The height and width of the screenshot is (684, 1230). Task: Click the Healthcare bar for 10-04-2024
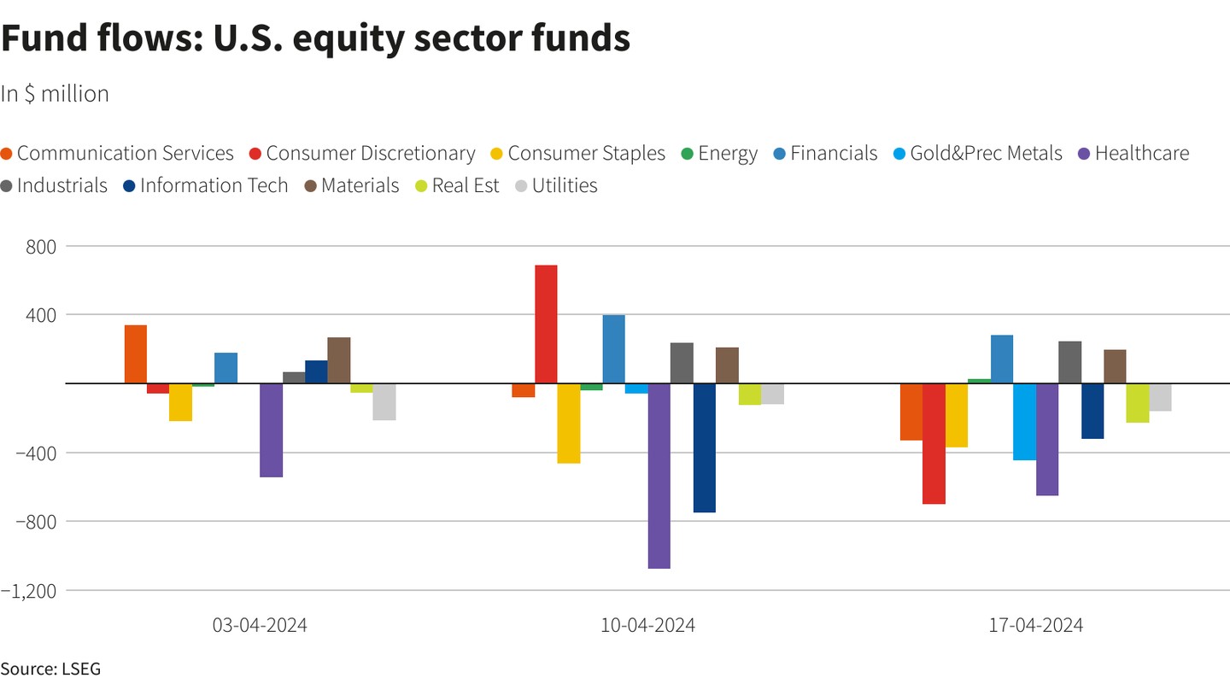click(659, 476)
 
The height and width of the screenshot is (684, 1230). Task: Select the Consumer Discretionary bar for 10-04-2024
click(546, 324)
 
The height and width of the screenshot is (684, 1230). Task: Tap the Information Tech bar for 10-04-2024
click(704, 447)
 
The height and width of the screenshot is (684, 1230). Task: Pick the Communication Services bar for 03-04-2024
click(135, 354)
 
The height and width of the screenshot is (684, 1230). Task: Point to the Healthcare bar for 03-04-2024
click(271, 430)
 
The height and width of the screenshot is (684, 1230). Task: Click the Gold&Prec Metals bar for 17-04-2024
click(1024, 422)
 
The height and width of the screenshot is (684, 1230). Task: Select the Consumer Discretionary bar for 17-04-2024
click(934, 443)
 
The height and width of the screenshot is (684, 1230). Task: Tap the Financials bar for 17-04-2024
click(1002, 360)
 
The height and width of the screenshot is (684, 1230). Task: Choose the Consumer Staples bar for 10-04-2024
click(569, 423)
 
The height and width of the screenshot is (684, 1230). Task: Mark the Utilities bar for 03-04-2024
click(384, 401)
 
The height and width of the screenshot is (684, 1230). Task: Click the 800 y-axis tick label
click(39, 246)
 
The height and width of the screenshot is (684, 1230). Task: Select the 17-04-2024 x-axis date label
click(1035, 625)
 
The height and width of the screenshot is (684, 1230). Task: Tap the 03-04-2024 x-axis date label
click(260, 625)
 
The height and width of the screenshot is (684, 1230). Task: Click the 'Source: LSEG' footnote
click(50, 669)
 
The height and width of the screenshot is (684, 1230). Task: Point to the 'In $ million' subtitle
click(55, 94)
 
